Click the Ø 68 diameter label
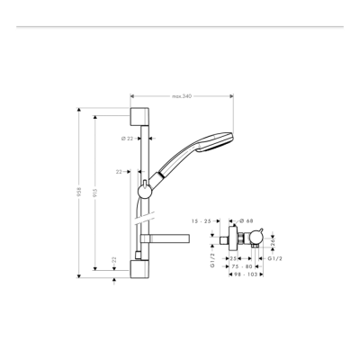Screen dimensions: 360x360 (246, 220)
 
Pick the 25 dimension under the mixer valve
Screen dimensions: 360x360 (233, 257)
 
